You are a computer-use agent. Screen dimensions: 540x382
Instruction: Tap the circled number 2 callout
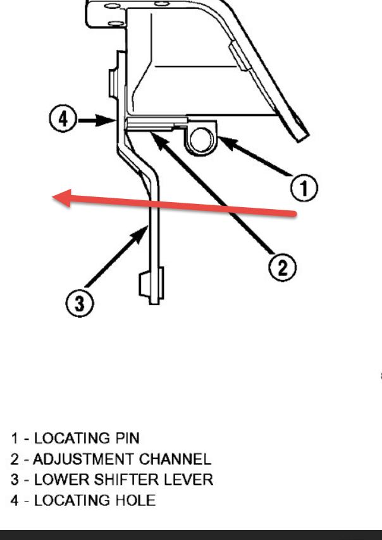[x=281, y=268]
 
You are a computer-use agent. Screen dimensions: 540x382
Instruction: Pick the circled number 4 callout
[x=62, y=119]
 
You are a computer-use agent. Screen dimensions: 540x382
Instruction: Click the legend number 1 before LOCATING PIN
[x=14, y=438]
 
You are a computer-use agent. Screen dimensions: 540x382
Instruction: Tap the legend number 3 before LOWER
[x=14, y=479]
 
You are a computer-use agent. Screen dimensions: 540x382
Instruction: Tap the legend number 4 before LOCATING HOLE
[x=14, y=500]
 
